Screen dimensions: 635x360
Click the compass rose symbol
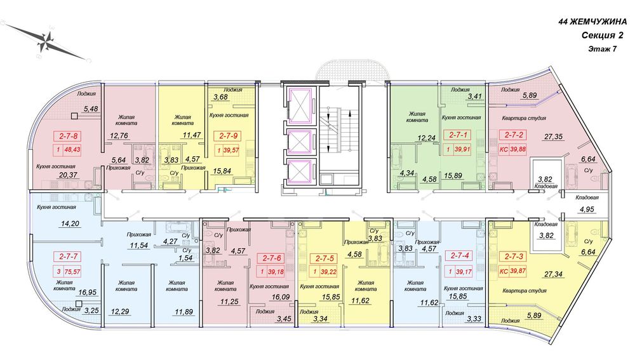click(x=48, y=41)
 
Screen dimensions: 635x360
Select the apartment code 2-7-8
click(x=68, y=136)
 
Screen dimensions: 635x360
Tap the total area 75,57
click(x=72, y=272)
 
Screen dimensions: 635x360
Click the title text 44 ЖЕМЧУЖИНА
click(x=592, y=22)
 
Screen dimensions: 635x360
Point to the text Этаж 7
click(x=603, y=49)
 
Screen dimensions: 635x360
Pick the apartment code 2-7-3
click(x=514, y=257)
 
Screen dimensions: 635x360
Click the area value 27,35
click(x=553, y=137)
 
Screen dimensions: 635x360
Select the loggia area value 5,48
click(x=91, y=109)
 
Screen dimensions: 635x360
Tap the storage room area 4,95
click(x=586, y=210)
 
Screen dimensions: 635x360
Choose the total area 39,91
click(x=462, y=149)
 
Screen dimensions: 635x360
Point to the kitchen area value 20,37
click(x=68, y=175)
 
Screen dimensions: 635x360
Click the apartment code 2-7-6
click(x=272, y=258)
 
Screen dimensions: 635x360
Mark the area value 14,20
click(x=69, y=223)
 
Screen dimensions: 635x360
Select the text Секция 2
click(x=602, y=36)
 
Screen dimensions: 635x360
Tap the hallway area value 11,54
click(x=139, y=245)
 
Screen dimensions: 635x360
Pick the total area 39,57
click(x=231, y=150)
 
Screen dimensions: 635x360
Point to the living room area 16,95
click(x=88, y=292)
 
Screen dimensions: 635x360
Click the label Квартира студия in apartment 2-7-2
click(x=524, y=118)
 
